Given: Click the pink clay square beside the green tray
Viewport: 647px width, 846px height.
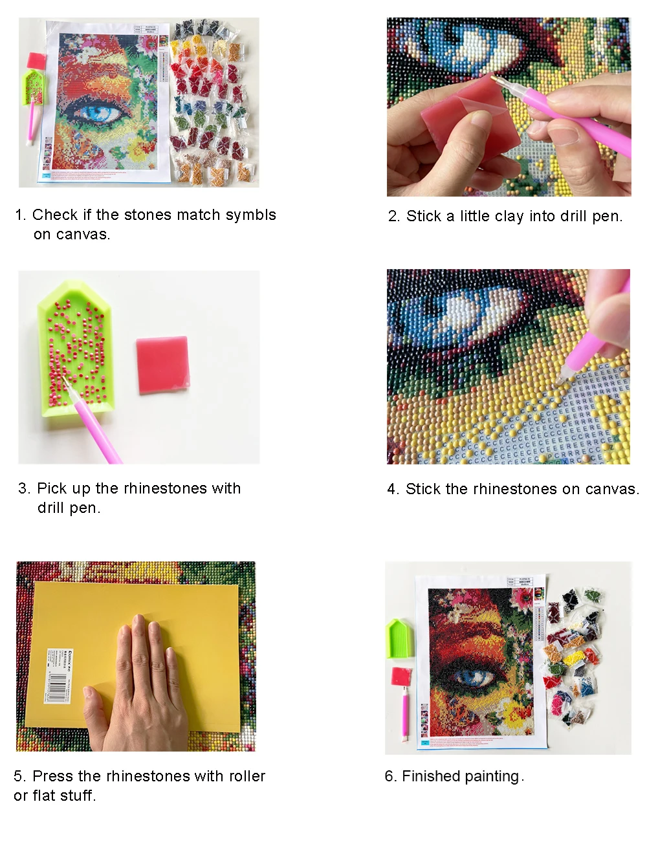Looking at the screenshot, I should pos(162,365).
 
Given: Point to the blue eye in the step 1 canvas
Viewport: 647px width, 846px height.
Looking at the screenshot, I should pos(98,113).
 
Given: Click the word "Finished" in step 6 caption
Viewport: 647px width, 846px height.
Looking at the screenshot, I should pos(428,776).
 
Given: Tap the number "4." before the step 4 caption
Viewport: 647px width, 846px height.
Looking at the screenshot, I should pos(393,489).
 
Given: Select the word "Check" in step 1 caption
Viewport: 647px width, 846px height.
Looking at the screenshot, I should pos(53,215).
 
